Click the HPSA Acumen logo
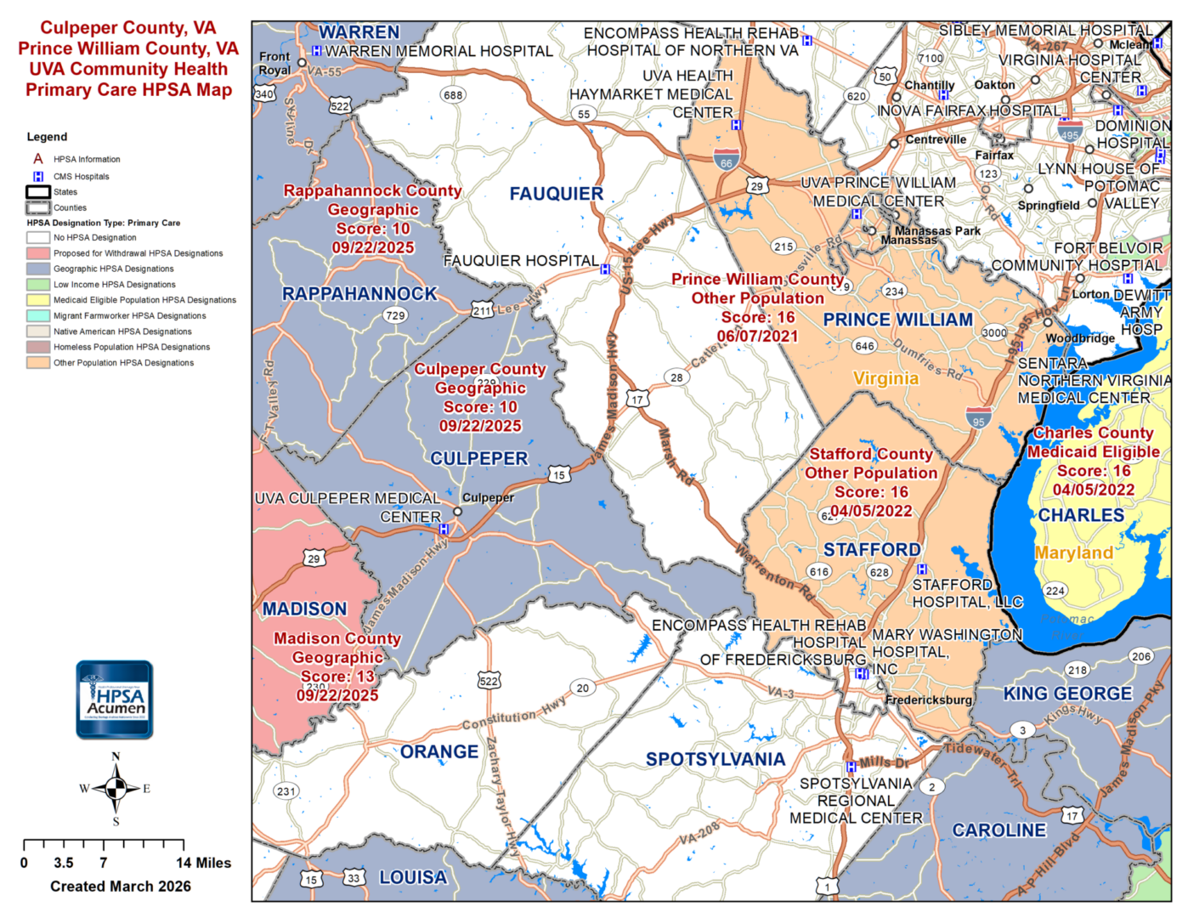[x=115, y=699]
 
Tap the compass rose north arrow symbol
[x=116, y=788]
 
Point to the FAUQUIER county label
[x=556, y=195]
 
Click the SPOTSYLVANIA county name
[x=715, y=759]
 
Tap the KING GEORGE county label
[x=1067, y=694]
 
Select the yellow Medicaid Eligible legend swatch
[x=38, y=300]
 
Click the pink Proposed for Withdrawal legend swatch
[x=38, y=253]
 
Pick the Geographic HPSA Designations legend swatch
[x=38, y=269]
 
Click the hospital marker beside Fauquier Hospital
[x=605, y=269]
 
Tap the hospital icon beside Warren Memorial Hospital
[x=316, y=51]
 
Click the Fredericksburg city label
[x=928, y=700]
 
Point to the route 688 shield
[x=453, y=95]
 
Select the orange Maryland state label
[x=1073, y=553]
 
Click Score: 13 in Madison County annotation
[x=337, y=677]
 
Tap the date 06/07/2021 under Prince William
[x=757, y=337]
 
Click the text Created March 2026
[x=121, y=886]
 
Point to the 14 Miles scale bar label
[x=203, y=863]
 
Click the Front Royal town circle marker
[x=302, y=63]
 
